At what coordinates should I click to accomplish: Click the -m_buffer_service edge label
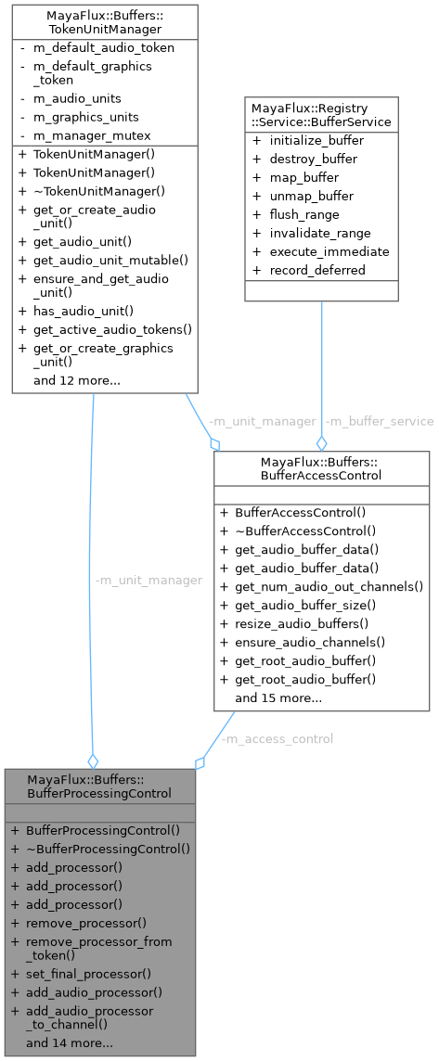367,421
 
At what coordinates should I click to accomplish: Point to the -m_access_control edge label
277,739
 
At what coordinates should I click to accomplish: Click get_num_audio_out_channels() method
329,586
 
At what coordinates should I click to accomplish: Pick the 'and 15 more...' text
278,697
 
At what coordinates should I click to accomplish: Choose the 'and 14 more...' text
70,1043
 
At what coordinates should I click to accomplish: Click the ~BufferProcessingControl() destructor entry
108,848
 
